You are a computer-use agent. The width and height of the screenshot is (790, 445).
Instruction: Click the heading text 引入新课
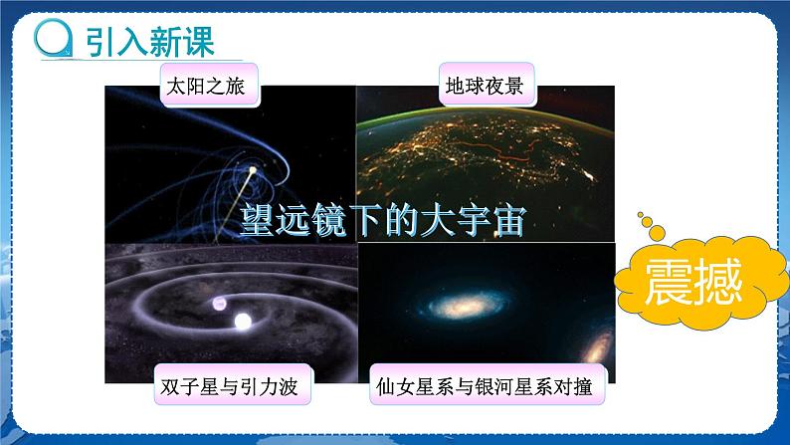[x=147, y=43]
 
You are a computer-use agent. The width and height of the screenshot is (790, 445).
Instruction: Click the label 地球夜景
[x=487, y=86]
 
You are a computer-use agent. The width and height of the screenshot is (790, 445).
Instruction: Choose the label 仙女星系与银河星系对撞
[x=485, y=386]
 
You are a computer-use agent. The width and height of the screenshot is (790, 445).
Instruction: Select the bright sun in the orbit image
[x=251, y=171]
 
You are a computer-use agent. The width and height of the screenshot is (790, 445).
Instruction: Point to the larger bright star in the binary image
[x=242, y=323]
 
